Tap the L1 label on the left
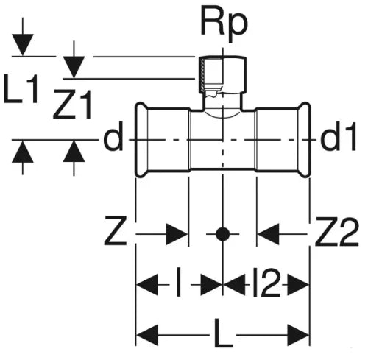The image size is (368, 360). [21, 89]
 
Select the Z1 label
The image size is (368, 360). [73, 105]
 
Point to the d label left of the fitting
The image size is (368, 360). [113, 139]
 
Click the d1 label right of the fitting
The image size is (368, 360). [338, 138]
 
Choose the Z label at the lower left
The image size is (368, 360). [116, 230]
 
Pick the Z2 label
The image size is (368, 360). [337, 231]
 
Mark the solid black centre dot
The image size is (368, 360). [222, 234]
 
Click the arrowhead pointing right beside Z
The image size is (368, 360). [177, 234]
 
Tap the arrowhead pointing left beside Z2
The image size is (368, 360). [269, 234]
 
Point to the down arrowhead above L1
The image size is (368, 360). [23, 45]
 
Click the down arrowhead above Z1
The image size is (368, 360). [74, 67]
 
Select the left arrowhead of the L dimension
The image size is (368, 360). [147, 335]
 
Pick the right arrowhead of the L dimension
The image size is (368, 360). [298, 335]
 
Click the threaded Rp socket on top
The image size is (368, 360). [222, 75]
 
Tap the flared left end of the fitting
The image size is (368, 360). [142, 139]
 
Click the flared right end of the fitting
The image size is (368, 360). [305, 139]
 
